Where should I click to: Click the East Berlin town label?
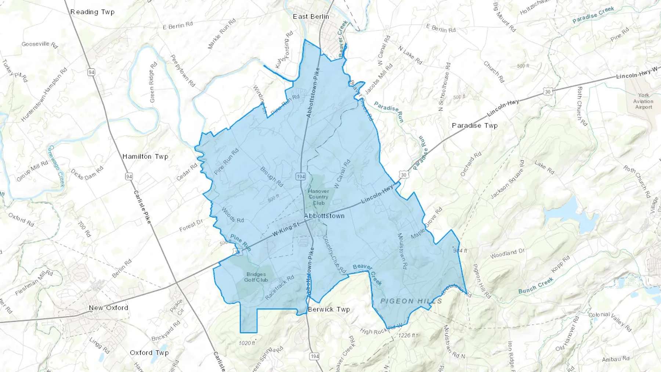311,17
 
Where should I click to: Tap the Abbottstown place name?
324,216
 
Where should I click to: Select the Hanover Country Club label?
318,197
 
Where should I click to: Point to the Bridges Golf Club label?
256,277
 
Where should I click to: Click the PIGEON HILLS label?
411,301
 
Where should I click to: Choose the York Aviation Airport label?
643,101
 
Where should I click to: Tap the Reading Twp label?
92,12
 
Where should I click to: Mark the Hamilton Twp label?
145,156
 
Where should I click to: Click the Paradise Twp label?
474,126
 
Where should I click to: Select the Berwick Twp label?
329,310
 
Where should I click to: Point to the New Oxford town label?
108,308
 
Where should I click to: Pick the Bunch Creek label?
536,286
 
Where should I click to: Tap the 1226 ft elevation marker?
407,335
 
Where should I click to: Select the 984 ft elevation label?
460,251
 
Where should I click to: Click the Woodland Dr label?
508,254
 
